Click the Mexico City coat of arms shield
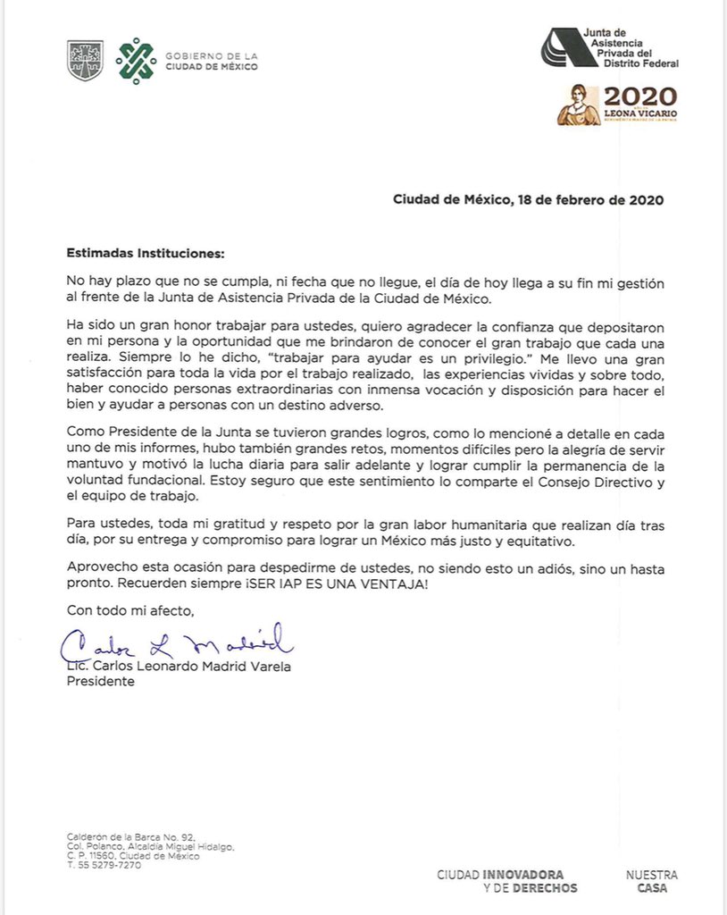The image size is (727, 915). pyautogui.click(x=86, y=60)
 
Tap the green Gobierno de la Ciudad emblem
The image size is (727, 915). pyautogui.click(x=135, y=60)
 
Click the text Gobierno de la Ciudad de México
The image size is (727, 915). pyautogui.click(x=211, y=61)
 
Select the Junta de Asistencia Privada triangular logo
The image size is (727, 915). pyautogui.click(x=560, y=47)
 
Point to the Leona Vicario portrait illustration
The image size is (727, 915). pyautogui.click(x=578, y=105)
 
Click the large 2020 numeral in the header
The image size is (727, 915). pyautogui.click(x=639, y=97)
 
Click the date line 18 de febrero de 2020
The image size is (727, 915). pyautogui.click(x=528, y=200)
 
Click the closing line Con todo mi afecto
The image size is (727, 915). pyautogui.click(x=130, y=610)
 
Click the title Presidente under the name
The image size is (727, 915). pyautogui.click(x=101, y=681)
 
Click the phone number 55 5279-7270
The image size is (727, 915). pyautogui.click(x=108, y=866)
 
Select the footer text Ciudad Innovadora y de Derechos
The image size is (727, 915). pyautogui.click(x=506, y=881)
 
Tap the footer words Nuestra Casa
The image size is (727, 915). pyautogui.click(x=651, y=881)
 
